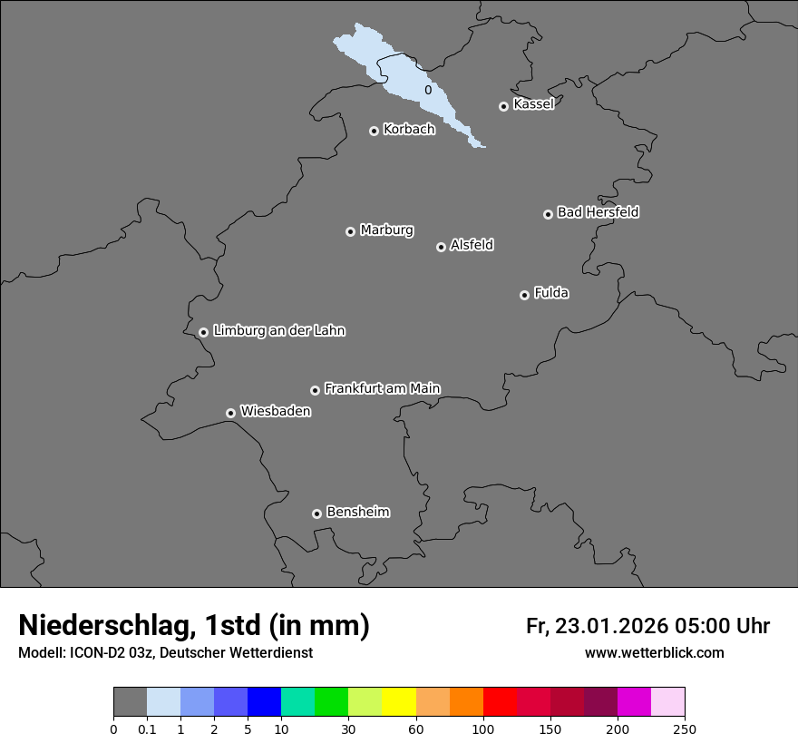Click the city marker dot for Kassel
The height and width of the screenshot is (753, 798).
(x=503, y=106)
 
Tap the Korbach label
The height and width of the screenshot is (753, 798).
(x=409, y=130)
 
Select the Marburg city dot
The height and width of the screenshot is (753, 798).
(x=350, y=231)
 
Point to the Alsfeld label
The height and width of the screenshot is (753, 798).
(x=472, y=245)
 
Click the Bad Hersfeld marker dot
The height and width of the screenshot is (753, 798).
(x=548, y=214)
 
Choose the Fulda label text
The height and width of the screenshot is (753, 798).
(x=551, y=293)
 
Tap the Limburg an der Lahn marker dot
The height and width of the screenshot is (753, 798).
(x=203, y=332)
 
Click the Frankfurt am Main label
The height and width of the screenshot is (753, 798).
(x=382, y=388)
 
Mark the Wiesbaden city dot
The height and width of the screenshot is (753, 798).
(x=230, y=413)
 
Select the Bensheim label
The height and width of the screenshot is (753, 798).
(x=357, y=512)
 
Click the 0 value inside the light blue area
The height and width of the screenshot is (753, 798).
(x=428, y=91)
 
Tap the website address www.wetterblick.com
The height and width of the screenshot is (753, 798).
(x=654, y=652)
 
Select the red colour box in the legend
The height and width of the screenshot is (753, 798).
(x=500, y=702)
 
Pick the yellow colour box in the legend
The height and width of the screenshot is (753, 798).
(x=399, y=702)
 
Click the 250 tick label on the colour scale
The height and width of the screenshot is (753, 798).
(x=685, y=729)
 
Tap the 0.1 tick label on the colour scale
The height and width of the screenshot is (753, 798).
(x=147, y=729)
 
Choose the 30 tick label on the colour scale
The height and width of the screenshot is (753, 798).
(x=348, y=729)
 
